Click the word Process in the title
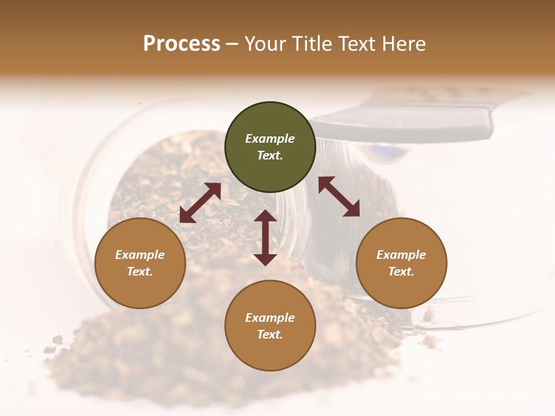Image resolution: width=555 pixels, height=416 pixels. [x=182, y=44]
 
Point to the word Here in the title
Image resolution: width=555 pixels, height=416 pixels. [x=405, y=44]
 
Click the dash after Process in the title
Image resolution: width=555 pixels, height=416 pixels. [x=232, y=45]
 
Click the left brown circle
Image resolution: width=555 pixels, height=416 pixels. [x=140, y=263]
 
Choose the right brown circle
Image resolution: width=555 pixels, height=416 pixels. [x=401, y=263]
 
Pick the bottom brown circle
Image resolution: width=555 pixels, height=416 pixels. [x=270, y=326]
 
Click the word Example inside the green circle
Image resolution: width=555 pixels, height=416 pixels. [x=270, y=139]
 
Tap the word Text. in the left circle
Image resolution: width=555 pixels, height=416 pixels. [x=140, y=272]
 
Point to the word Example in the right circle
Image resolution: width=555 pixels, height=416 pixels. [x=401, y=255]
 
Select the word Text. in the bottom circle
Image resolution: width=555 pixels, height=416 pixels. [x=270, y=335]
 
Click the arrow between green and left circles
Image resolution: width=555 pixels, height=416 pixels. [x=200, y=202]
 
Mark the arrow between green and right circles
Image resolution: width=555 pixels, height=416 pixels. [x=339, y=196]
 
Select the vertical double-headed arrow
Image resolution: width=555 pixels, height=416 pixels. [x=265, y=237]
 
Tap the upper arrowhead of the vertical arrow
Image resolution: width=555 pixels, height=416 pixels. [x=265, y=216]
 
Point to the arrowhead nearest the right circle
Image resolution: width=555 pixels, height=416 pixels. [x=352, y=209]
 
